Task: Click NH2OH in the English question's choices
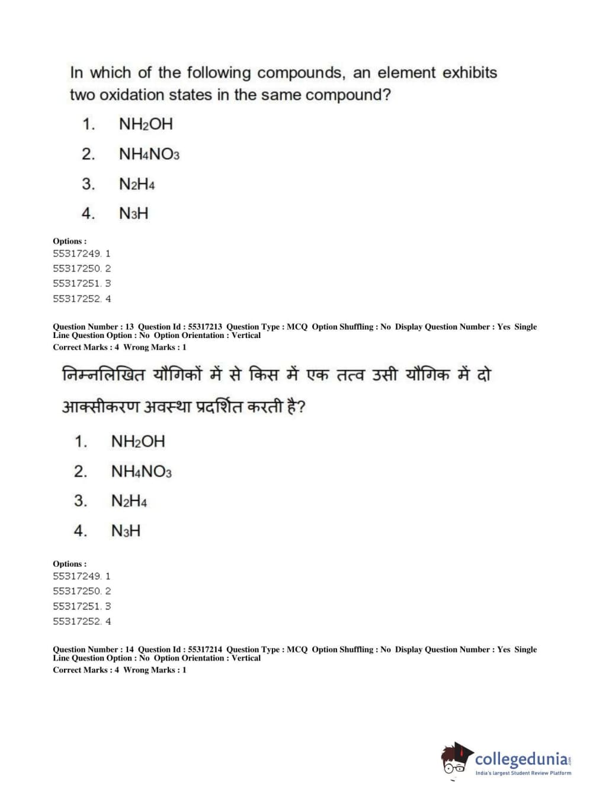click(146, 125)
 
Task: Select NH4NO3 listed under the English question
click(149, 155)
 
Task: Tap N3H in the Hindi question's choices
click(126, 531)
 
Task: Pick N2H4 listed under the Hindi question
click(129, 501)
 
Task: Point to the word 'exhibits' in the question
click(470, 73)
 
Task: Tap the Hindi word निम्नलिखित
click(103, 375)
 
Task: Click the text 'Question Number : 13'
click(93, 327)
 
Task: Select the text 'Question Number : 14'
click(93, 649)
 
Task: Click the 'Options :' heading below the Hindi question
click(69, 564)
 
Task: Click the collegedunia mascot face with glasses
click(455, 760)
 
